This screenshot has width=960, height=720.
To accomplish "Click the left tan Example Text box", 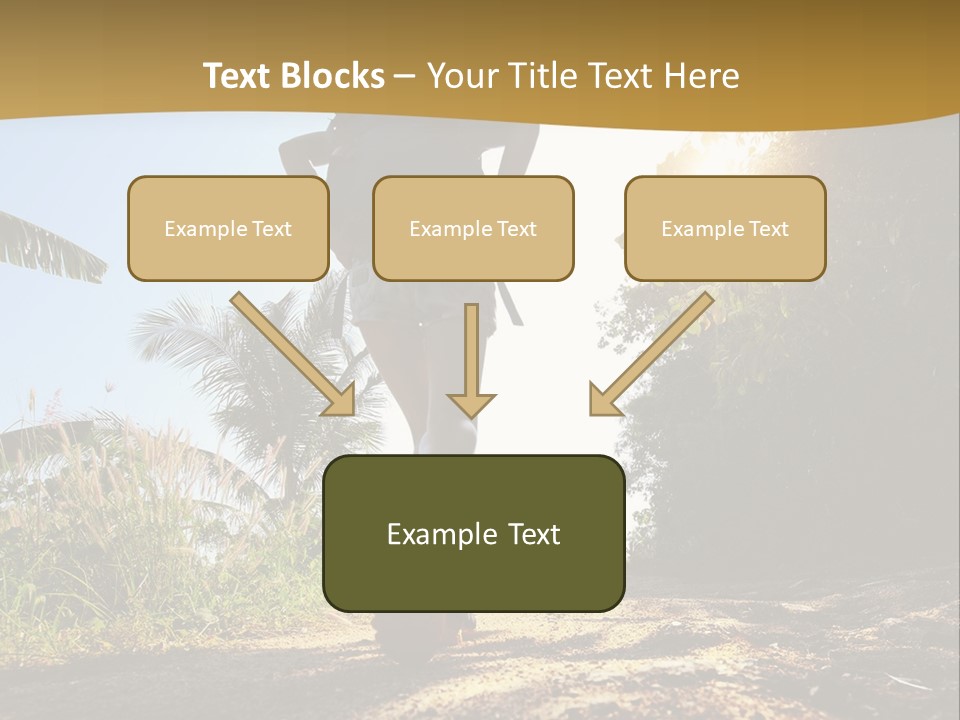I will coord(228,228).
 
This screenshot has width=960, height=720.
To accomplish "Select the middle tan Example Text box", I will coord(473,228).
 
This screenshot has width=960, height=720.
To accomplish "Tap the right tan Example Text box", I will coord(725,228).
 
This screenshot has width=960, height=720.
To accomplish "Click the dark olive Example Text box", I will coord(473,533).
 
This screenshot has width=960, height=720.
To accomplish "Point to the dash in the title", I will coord(405,76).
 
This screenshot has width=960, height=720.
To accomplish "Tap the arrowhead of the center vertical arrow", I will coord(471,405).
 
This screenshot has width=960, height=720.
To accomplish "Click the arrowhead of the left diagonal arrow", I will coord(340,399).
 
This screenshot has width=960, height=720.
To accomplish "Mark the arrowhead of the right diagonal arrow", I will coord(603,400).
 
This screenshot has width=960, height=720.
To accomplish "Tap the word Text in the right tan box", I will coord(768,228).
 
